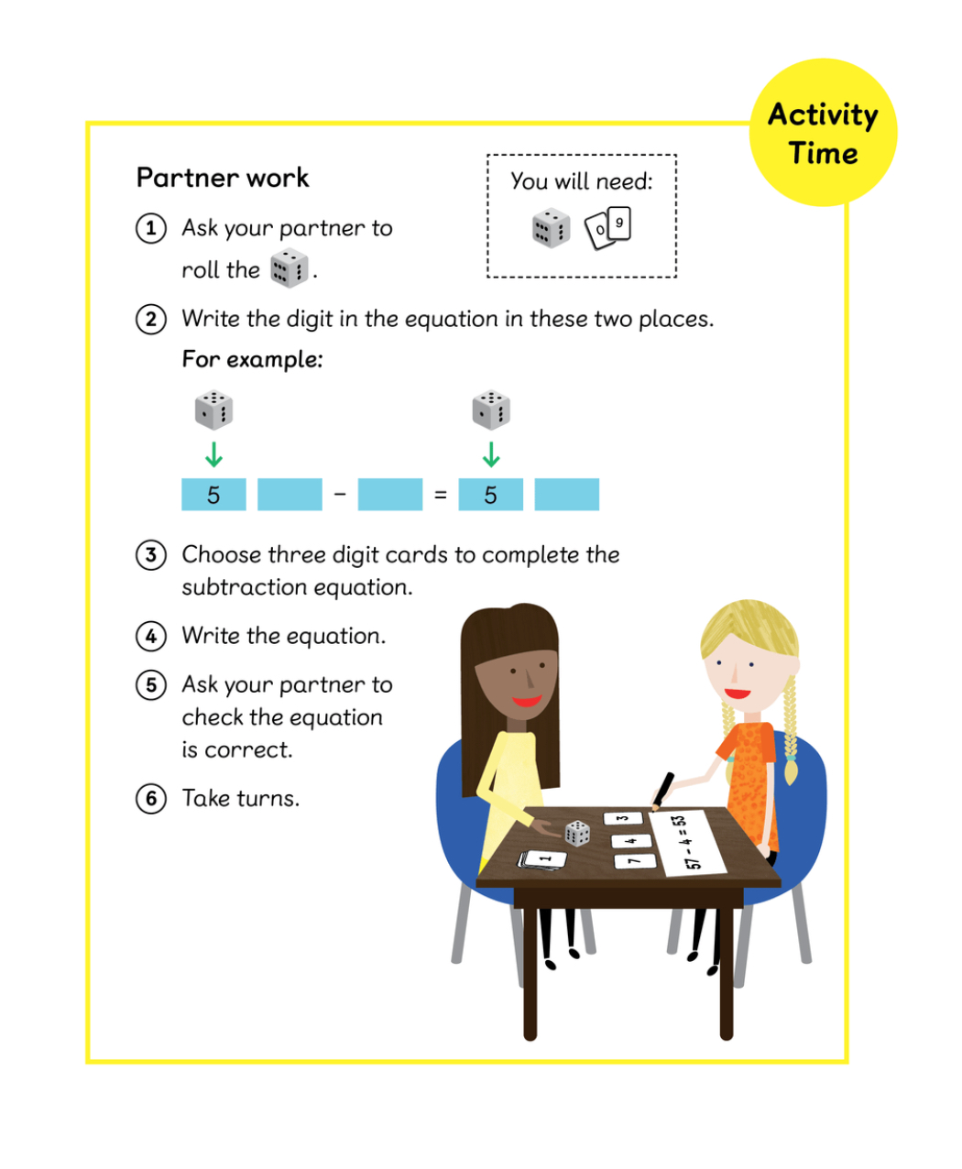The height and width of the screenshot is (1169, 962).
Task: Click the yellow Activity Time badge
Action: (x=823, y=133)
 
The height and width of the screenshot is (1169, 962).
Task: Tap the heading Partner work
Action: (x=223, y=178)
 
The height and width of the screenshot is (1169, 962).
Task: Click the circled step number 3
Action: (x=151, y=555)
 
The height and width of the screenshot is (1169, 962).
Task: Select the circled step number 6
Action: (x=151, y=799)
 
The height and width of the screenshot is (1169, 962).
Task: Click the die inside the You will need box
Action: (x=551, y=228)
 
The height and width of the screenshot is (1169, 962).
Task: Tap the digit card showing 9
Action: (x=619, y=223)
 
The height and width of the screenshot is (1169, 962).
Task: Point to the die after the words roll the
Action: (x=289, y=268)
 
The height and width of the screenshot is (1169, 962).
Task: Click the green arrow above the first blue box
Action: (x=214, y=454)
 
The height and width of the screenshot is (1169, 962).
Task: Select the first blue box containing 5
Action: (x=214, y=495)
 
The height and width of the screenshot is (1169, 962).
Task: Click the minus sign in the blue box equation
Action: (x=340, y=494)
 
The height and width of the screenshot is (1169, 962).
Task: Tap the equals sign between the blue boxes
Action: (x=441, y=495)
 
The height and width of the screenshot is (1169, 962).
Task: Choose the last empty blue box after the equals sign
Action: (x=567, y=495)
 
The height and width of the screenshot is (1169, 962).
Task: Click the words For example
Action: (x=252, y=360)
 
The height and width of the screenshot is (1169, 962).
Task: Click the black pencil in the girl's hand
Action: (x=663, y=791)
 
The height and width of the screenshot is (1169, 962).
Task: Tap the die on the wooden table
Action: (x=577, y=834)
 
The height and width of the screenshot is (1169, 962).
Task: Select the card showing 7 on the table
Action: (x=636, y=861)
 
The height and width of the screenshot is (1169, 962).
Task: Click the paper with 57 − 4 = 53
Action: (x=687, y=843)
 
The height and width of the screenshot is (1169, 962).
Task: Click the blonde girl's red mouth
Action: (x=738, y=693)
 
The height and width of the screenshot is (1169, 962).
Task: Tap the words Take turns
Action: (x=241, y=799)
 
